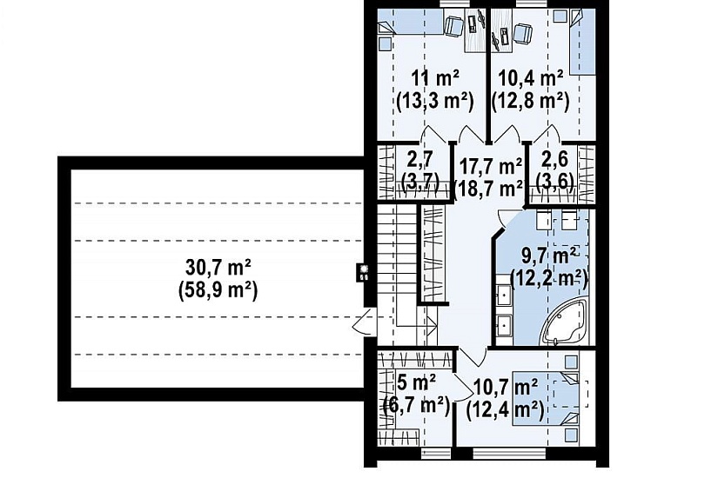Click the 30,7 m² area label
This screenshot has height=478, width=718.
[218, 268]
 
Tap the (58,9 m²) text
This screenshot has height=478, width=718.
[218, 289]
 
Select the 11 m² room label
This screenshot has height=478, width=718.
[435, 79]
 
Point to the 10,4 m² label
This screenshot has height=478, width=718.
[530, 79]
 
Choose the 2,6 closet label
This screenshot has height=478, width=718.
[554, 160]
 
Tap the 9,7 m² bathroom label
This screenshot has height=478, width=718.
[549, 256]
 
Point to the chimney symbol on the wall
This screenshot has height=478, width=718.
[364, 274]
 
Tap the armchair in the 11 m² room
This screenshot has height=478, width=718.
[454, 26]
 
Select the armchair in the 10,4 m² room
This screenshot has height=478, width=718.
[522, 33]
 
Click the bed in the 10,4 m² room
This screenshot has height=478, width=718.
[583, 43]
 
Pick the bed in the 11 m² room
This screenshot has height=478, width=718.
[410, 22]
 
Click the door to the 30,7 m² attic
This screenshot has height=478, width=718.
[365, 322]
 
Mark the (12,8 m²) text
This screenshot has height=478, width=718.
[530, 101]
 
